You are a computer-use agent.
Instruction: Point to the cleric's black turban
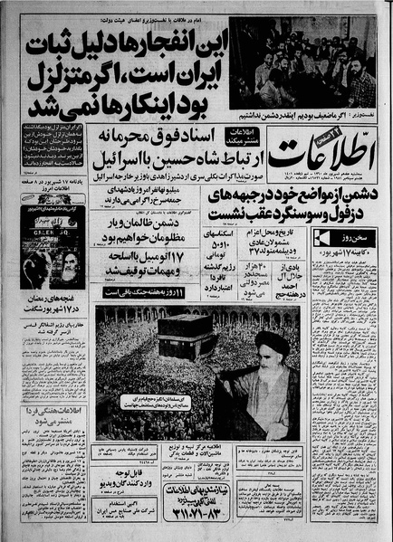point(273,342)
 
